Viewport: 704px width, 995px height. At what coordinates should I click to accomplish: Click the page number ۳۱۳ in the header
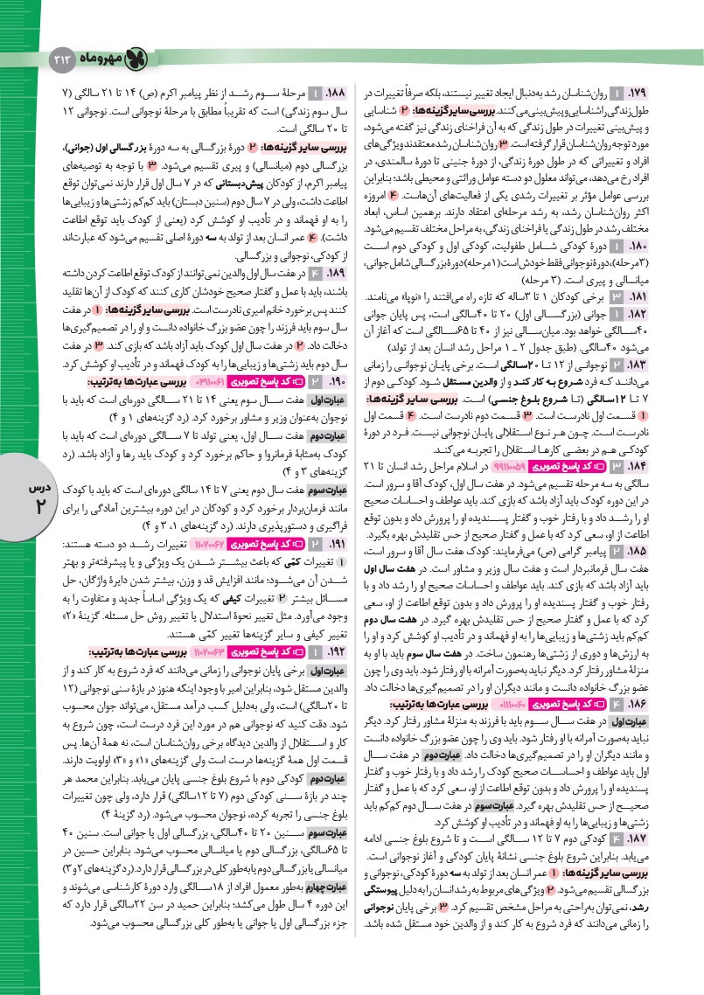click(65, 57)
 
